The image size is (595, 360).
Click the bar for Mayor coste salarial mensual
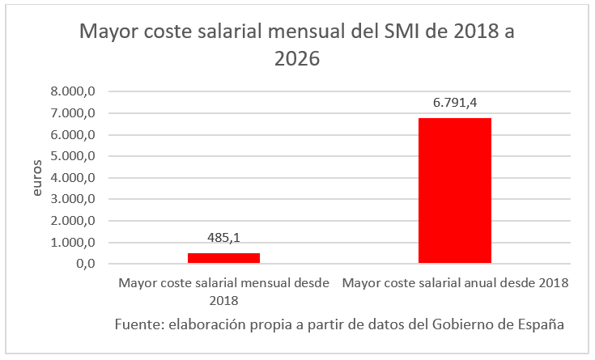(223, 258)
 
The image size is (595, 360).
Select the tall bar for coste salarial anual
(454, 191)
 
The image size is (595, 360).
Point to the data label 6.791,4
(454, 104)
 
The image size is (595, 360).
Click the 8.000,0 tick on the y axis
(73, 91)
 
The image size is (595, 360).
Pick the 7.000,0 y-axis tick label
(73, 113)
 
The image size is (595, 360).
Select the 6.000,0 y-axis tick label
(73, 135)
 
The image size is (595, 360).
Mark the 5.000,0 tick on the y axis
(73, 156)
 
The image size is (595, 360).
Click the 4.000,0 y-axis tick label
(73, 178)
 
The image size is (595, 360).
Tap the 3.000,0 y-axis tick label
(73, 199)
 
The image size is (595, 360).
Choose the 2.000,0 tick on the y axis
(73, 221)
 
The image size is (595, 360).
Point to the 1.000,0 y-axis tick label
(73, 243)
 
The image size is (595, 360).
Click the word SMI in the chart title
(385, 33)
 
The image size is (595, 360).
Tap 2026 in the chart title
(296, 59)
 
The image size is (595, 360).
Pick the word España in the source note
(538, 324)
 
